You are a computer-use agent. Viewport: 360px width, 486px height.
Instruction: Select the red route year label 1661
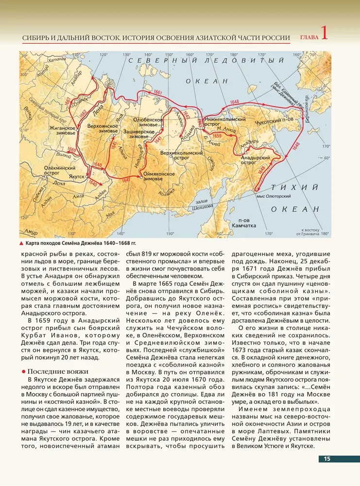pos(156,92)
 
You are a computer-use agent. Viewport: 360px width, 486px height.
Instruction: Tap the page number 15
pos(327,459)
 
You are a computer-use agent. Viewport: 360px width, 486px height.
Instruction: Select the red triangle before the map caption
pos(21,243)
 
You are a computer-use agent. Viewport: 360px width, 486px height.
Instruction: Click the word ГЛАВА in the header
pos(309,37)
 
